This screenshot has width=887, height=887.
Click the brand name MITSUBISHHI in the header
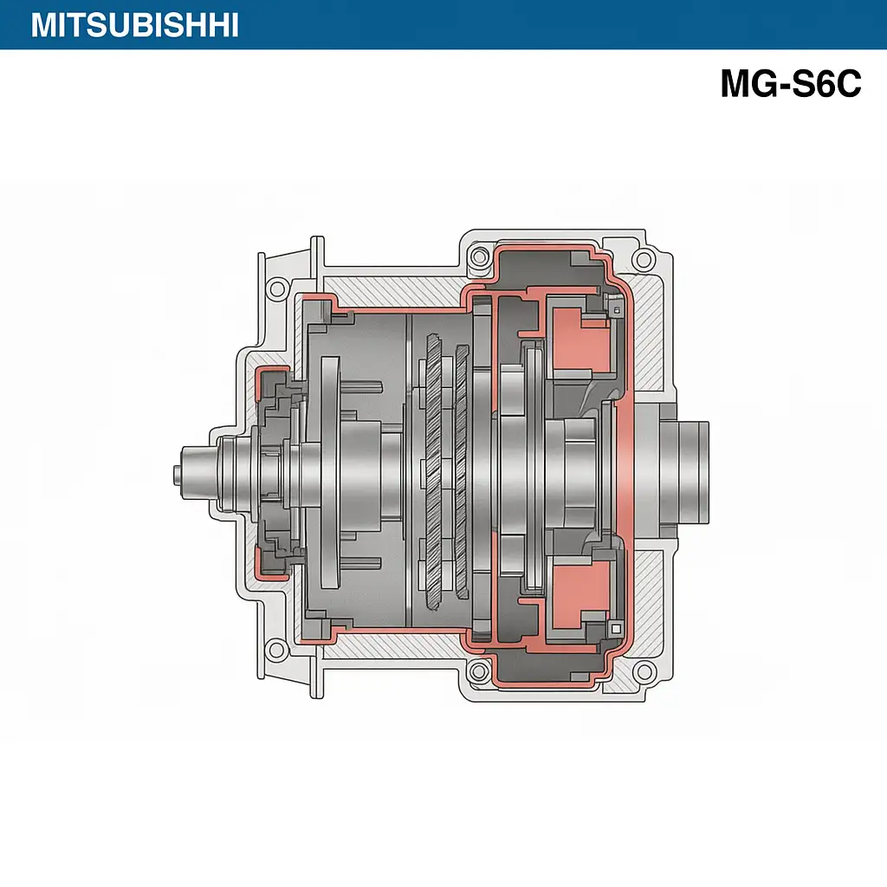(x=134, y=25)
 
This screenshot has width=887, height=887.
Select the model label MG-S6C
(x=790, y=84)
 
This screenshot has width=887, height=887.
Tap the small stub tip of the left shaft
(x=176, y=475)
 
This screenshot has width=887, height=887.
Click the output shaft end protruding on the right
(x=688, y=469)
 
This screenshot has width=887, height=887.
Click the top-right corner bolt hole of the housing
(x=643, y=259)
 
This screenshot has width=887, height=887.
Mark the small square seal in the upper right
(x=616, y=308)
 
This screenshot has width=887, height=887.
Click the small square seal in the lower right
(x=616, y=628)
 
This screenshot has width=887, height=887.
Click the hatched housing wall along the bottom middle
(x=390, y=644)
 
